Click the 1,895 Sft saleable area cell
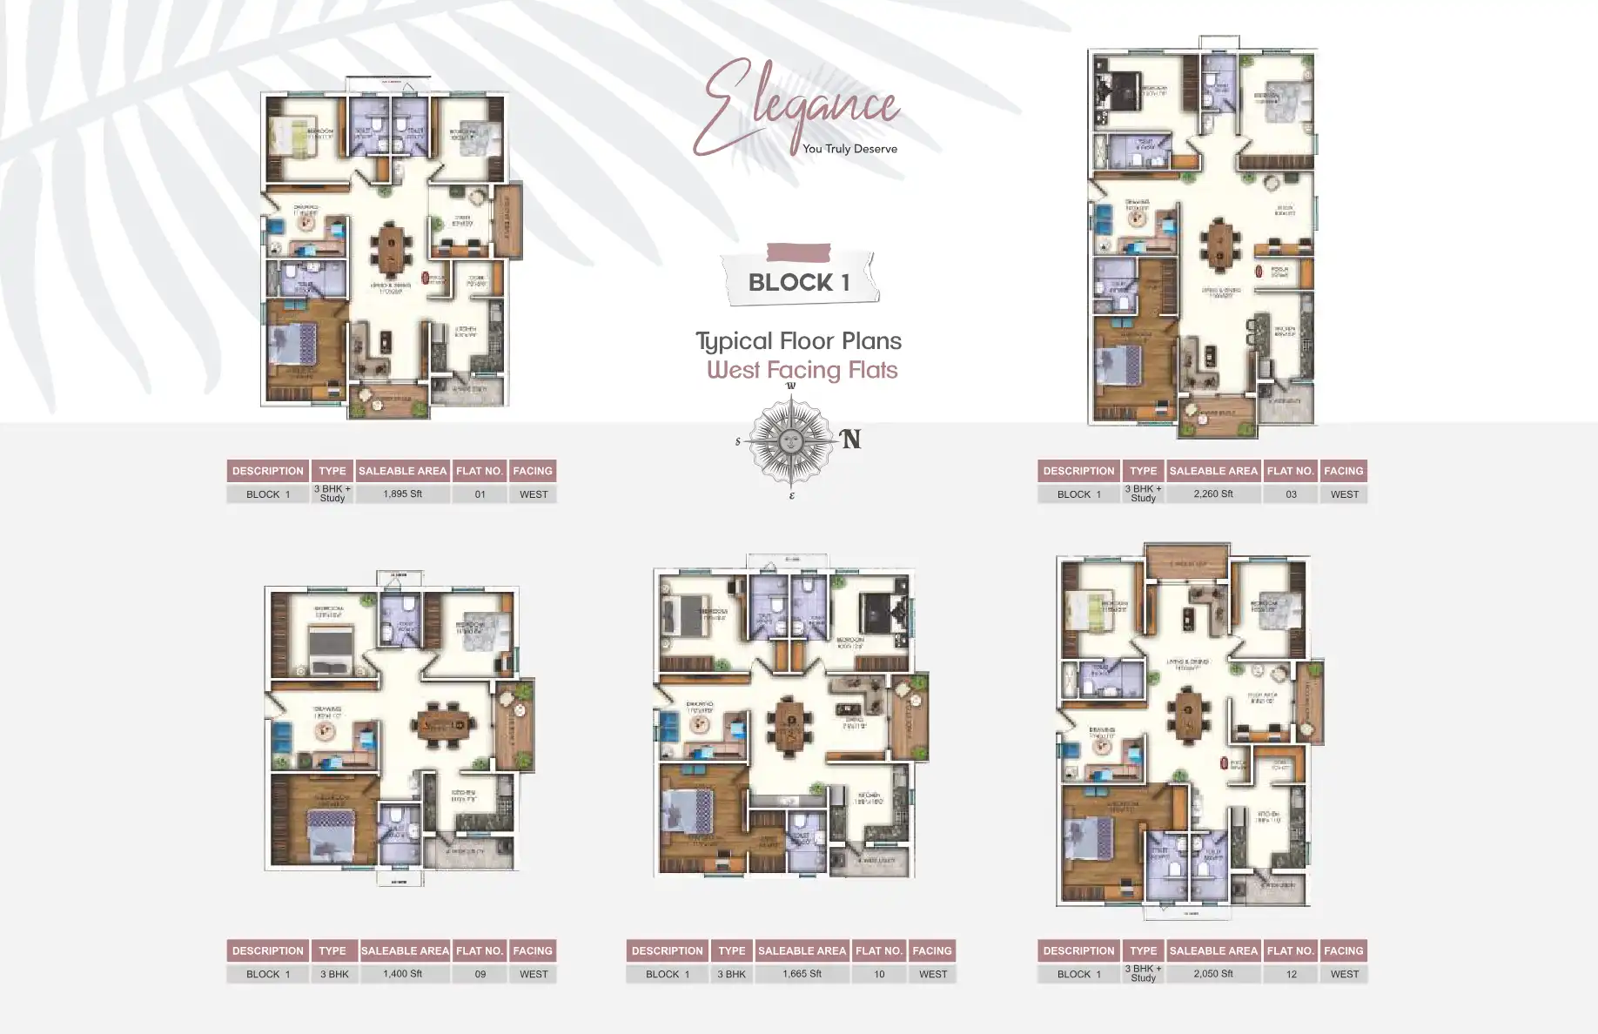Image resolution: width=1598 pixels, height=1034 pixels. coord(402,493)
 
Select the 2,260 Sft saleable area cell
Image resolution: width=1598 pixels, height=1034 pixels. coord(1213,493)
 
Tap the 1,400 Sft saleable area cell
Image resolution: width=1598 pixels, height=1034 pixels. coord(402,974)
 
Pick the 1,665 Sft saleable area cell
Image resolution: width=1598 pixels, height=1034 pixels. coord(802,974)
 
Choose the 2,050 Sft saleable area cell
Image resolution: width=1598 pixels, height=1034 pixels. coord(1213,974)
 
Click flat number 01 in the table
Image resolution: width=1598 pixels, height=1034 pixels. coord(480,494)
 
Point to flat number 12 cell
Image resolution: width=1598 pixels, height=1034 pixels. coord(1291,975)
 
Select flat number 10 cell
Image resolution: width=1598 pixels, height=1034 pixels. coord(879,975)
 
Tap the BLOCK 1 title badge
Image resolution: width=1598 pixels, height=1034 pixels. coord(799,281)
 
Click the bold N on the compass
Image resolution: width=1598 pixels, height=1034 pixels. coord(850,440)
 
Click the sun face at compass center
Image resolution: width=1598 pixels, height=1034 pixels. coord(790,440)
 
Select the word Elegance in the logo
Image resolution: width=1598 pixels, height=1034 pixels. coord(796,104)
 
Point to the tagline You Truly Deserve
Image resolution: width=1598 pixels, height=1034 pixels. coord(849,149)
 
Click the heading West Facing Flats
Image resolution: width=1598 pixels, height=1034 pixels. coord(802,370)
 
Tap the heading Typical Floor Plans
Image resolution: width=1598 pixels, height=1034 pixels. coord(798,340)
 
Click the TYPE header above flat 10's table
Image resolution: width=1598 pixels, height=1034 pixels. coord(731,950)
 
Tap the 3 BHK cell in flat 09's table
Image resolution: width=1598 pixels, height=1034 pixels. coord(333,975)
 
